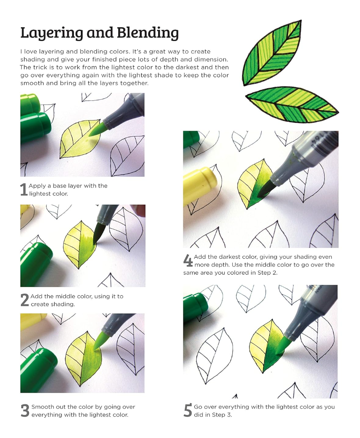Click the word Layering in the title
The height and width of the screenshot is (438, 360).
(49, 33)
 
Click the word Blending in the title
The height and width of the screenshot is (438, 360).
(147, 33)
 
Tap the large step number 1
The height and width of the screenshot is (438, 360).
(24, 190)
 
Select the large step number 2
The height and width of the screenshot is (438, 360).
(24, 300)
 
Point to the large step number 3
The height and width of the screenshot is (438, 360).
(25, 411)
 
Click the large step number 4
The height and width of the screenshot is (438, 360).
(188, 261)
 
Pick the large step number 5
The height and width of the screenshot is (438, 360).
(188, 411)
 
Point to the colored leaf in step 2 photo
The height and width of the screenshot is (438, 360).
(80, 244)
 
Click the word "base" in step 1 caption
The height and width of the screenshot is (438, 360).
(60, 186)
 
